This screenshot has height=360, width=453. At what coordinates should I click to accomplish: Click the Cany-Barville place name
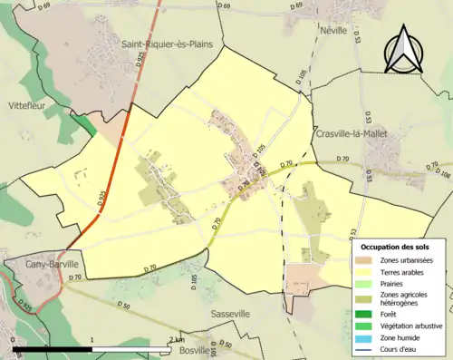(x=36, y=264)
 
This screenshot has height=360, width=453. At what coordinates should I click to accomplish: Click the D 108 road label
(x=442, y=172)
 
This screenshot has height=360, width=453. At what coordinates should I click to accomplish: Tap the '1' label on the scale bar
(x=92, y=339)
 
